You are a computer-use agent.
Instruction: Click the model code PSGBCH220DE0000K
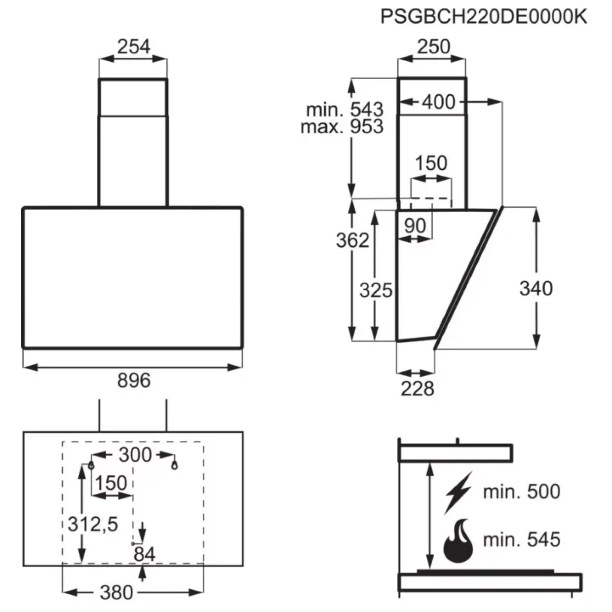(x=484, y=16)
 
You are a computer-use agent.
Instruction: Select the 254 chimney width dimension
(x=133, y=46)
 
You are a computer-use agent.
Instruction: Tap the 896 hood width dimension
(x=134, y=380)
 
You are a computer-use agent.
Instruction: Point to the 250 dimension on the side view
(x=433, y=46)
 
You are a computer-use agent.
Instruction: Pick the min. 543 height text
(x=345, y=110)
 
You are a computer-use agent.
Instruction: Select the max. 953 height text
(x=342, y=127)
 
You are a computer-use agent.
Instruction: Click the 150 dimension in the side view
(x=431, y=163)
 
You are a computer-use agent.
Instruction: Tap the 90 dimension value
(x=415, y=226)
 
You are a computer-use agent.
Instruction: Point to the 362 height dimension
(x=352, y=240)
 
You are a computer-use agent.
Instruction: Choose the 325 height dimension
(x=376, y=290)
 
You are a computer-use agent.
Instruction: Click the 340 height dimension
(x=536, y=288)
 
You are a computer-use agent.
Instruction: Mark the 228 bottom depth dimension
(x=418, y=388)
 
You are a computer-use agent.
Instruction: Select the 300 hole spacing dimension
(x=135, y=455)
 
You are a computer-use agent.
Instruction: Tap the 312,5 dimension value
(x=93, y=524)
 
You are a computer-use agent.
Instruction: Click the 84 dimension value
(x=145, y=554)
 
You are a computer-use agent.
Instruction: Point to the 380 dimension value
(x=116, y=593)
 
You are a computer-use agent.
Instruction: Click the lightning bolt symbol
(x=459, y=493)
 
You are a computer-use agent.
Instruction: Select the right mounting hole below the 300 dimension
(x=174, y=466)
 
